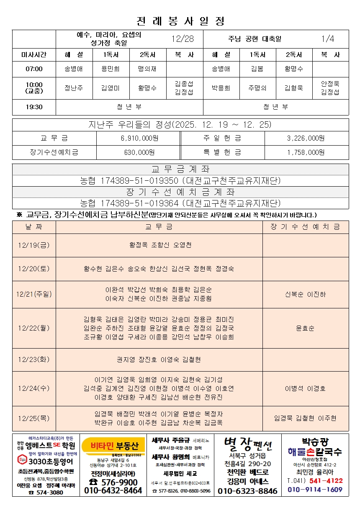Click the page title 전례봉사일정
point(180,21)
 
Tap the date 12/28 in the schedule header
point(183,39)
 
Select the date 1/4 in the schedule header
point(328,39)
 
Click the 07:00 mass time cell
point(34,69)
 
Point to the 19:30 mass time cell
point(34,107)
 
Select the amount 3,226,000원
point(306,138)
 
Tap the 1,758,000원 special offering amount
point(306,152)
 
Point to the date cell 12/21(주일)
point(34,294)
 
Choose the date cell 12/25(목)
point(34,418)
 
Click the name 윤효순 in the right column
point(305,328)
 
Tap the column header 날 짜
point(34,227)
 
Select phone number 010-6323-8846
point(247,491)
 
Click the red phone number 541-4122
point(326,481)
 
